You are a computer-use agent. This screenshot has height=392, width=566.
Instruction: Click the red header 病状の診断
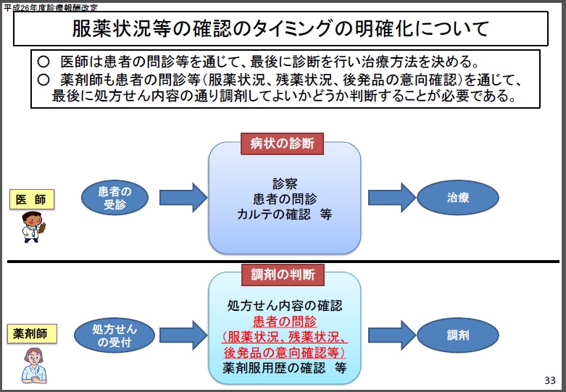(282, 143)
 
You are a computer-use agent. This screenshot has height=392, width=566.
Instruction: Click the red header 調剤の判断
(283, 275)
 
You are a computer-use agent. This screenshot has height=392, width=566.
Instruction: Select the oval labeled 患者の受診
(115, 198)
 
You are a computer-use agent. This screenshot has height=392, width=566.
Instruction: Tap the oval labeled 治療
(458, 198)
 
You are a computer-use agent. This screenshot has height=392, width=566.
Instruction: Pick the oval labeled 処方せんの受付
(115, 335)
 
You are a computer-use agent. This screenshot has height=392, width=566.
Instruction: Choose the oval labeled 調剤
(458, 335)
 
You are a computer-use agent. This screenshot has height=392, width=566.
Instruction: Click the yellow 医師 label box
(32, 199)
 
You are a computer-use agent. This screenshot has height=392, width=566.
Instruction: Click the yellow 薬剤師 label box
(32, 333)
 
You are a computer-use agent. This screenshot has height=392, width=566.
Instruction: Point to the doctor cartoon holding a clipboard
(33, 227)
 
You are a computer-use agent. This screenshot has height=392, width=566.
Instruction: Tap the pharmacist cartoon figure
(34, 365)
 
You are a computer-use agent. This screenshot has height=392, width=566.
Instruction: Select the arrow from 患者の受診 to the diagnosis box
(183, 198)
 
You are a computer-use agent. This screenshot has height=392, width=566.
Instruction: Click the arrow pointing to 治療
(392, 198)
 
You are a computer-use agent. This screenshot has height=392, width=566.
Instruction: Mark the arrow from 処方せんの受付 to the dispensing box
(183, 335)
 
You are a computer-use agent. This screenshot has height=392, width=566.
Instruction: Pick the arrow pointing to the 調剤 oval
(392, 335)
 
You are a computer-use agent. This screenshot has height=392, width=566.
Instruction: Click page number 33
(550, 380)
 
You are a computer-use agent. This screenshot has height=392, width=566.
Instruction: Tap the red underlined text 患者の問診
(284, 321)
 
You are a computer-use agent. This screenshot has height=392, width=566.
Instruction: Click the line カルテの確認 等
(284, 214)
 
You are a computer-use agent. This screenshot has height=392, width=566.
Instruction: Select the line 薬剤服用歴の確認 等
(284, 368)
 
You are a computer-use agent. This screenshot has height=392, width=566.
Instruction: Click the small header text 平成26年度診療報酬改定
(51, 7)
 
